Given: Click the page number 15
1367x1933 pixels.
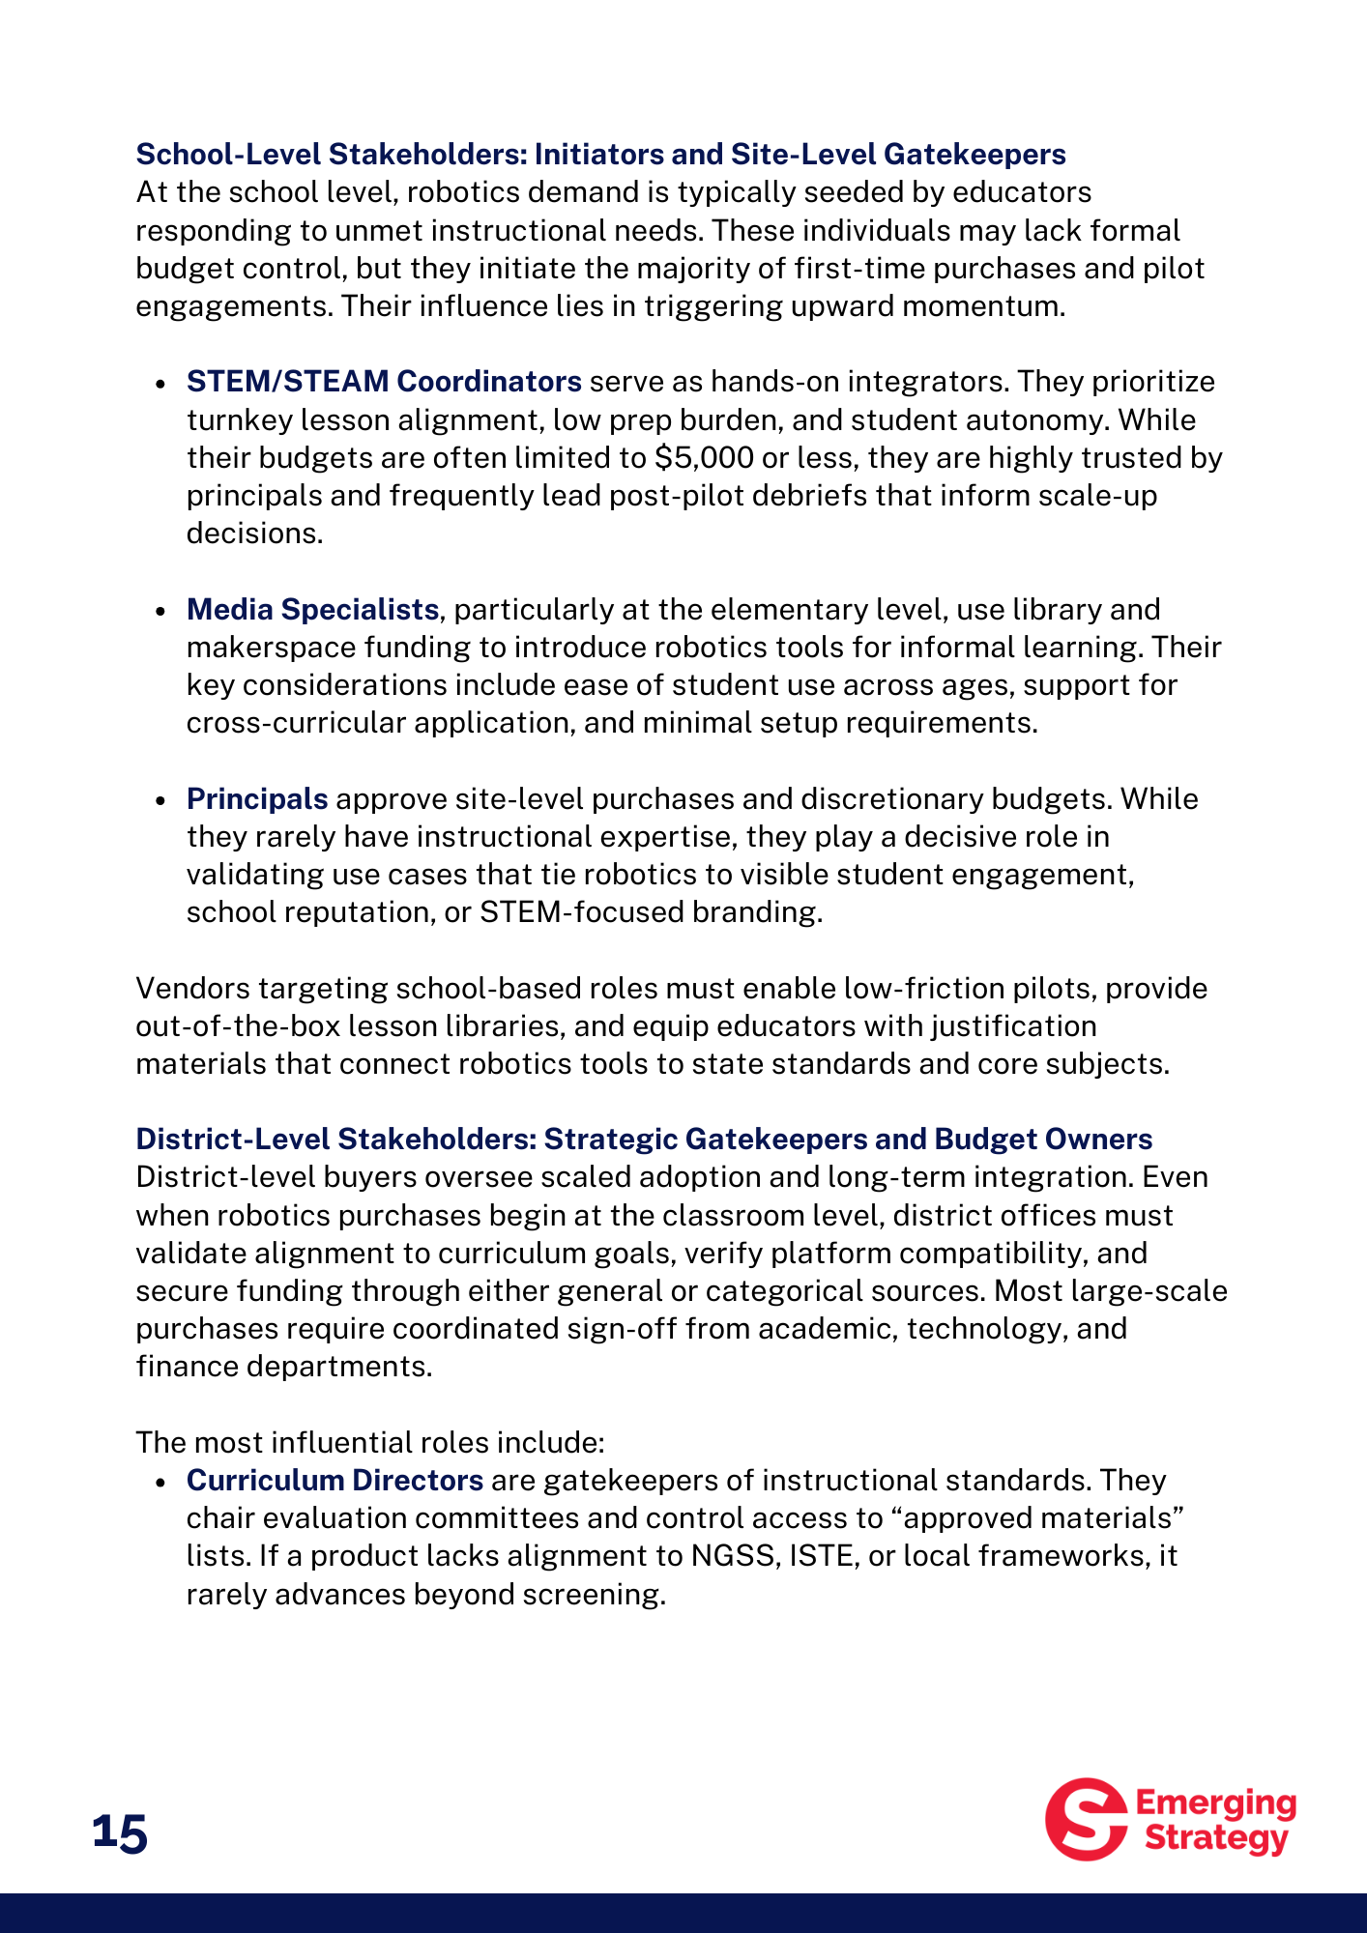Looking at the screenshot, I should click(x=120, y=1832).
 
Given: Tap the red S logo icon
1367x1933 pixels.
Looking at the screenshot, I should click(x=1086, y=1819).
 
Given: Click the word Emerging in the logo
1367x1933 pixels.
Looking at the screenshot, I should click(x=1215, y=1803).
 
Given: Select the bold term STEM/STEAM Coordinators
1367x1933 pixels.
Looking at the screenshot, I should click(x=384, y=382).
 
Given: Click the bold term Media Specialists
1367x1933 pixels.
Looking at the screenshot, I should click(x=312, y=610).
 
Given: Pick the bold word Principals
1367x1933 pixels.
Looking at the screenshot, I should click(x=257, y=799).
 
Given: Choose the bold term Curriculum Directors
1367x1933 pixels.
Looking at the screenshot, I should click(x=334, y=1481).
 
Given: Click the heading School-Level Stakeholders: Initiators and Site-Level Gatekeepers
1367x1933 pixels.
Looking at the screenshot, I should click(x=600, y=155).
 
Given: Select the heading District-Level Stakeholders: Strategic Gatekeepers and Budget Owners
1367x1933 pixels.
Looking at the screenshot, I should click(x=644, y=1140).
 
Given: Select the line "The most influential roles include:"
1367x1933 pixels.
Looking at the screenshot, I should click(x=370, y=1443).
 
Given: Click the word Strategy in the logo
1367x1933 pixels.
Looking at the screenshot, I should click(x=1216, y=1838).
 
